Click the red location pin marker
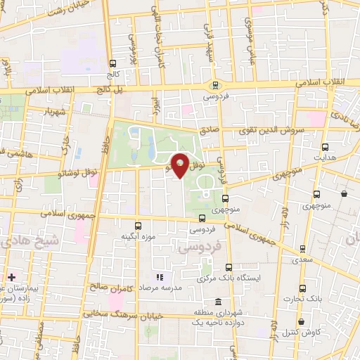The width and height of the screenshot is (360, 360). [181, 165]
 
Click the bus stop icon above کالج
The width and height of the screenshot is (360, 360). [112, 63]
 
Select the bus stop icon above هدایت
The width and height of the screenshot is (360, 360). [325, 147]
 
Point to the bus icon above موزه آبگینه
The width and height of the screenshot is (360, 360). [137, 226]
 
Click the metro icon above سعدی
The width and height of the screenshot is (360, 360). [302, 249]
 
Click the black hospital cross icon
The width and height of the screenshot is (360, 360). [12, 276]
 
